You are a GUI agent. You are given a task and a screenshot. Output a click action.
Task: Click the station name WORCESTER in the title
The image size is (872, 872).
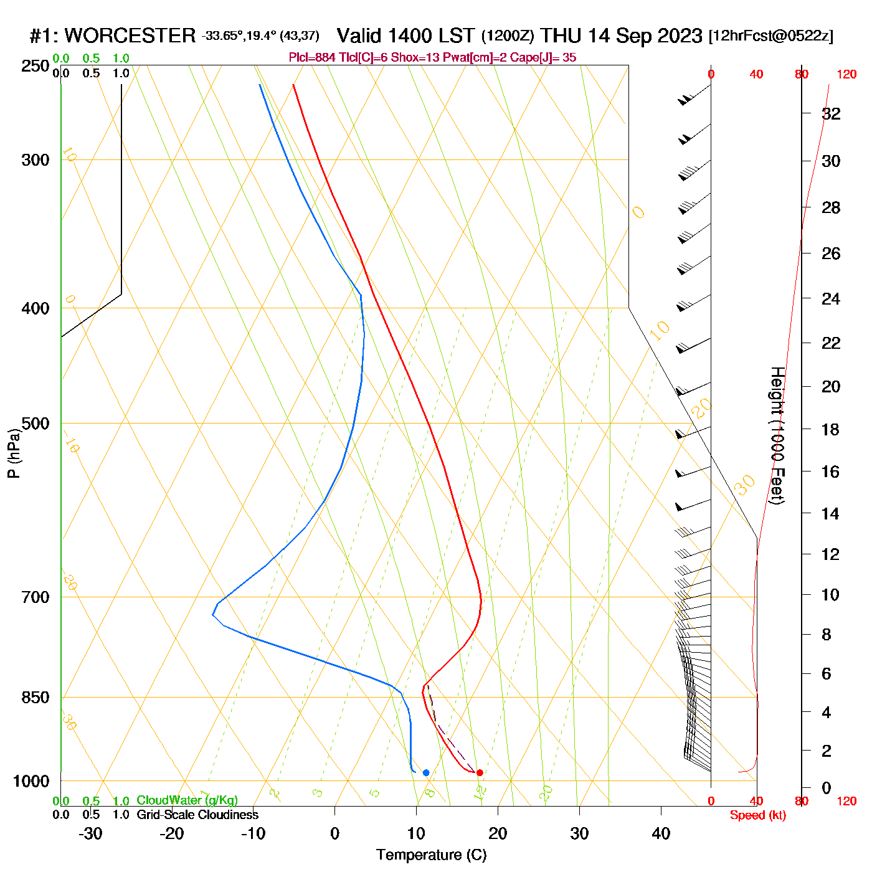click(x=130, y=36)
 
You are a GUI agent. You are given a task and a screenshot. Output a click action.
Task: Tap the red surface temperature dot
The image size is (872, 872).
click(x=480, y=773)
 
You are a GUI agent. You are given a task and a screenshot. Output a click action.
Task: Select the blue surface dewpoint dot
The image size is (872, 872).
click(x=426, y=773)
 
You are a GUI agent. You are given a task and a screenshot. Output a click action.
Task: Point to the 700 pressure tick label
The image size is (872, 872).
click(x=36, y=597)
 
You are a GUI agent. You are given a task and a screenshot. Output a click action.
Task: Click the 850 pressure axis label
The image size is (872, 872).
click(x=36, y=698)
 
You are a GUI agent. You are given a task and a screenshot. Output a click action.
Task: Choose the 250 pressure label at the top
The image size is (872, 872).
click(x=36, y=66)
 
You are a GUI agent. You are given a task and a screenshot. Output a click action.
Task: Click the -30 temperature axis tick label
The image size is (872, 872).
click(x=90, y=833)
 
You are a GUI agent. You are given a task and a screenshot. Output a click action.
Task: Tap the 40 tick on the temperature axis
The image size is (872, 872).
click(x=661, y=833)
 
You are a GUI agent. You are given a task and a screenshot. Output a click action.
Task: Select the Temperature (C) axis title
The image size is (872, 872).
click(x=431, y=855)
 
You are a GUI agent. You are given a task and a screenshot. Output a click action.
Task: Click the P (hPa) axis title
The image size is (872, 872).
click(x=14, y=453)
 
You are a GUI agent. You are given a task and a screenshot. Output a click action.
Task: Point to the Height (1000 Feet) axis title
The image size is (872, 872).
click(x=777, y=435)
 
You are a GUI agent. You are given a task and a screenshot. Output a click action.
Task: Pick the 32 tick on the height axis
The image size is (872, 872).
click(x=831, y=113)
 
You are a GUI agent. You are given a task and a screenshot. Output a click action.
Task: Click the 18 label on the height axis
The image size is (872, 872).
click(x=831, y=429)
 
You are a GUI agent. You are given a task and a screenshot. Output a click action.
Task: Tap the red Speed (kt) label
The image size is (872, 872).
click(x=758, y=815)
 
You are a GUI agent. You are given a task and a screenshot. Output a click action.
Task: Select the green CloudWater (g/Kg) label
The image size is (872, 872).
click(x=187, y=800)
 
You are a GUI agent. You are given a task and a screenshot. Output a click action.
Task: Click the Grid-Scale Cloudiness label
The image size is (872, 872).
click(x=197, y=815)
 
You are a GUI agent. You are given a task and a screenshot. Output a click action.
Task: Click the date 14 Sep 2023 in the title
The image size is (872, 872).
click(x=645, y=36)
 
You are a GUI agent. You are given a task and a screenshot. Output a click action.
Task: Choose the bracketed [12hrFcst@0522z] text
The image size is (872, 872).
click(x=771, y=36)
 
